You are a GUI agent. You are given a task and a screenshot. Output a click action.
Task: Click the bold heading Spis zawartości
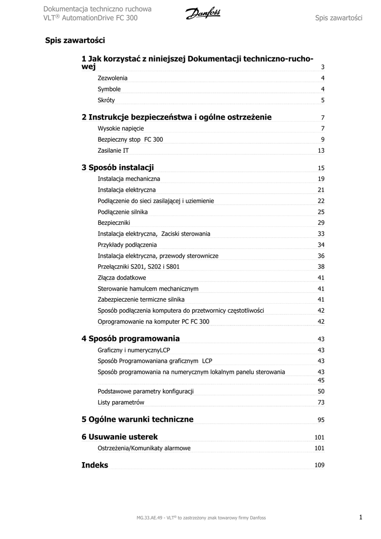75,40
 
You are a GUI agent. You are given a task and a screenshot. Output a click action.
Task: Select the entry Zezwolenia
113,78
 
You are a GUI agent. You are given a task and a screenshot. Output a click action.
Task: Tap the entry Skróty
106,100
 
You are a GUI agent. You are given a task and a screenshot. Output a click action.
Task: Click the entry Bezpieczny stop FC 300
131,139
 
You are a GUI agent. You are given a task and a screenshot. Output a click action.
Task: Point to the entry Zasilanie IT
113,151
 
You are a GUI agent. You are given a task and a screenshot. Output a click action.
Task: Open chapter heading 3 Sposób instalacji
118,168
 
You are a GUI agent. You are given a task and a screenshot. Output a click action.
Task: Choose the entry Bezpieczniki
114,223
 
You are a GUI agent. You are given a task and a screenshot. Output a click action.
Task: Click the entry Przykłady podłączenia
127,245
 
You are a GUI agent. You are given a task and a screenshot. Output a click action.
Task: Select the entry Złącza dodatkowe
122,277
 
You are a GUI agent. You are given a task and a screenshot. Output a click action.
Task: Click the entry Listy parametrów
121,403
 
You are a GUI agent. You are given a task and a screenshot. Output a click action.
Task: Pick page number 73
321,403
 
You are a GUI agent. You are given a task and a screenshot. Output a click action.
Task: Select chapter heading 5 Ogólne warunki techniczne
137,420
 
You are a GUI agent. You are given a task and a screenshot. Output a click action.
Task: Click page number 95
321,420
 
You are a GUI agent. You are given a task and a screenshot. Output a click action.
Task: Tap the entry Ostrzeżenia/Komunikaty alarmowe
144,448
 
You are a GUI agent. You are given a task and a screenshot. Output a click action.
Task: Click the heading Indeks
95,465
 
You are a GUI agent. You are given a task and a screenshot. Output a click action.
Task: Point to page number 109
319,465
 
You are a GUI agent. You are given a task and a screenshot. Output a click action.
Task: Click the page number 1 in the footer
361,517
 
